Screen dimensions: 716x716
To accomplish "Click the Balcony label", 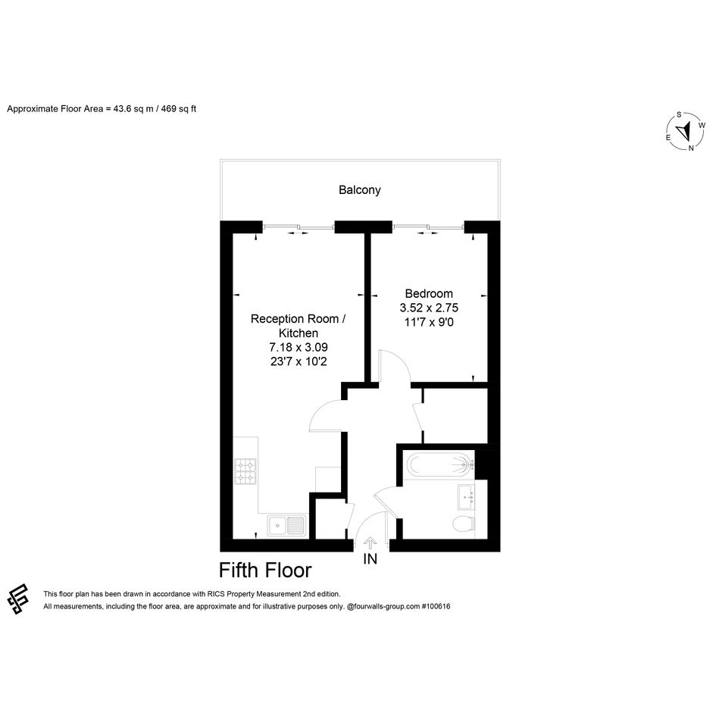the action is [x=359, y=190].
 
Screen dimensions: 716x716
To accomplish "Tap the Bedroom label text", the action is [x=429, y=293].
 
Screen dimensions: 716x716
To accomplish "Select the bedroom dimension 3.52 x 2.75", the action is [x=429, y=308].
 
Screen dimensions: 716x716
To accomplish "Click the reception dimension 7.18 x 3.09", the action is [x=299, y=348].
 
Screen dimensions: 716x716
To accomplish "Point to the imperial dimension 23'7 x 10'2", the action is [x=299, y=361].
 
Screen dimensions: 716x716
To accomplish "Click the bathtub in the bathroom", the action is [x=440, y=465].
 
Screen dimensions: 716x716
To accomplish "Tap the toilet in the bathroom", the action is [x=464, y=524].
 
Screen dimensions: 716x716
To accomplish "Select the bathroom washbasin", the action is [x=466, y=496].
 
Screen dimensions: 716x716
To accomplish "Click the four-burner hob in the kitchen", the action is [x=245, y=471].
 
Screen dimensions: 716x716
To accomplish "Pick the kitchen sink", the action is [x=286, y=525].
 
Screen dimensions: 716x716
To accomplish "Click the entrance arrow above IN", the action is [x=370, y=543].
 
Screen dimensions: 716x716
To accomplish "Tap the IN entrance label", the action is [x=370, y=559].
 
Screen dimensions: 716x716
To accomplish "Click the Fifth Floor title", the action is [x=265, y=571].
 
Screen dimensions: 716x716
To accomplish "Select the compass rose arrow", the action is [x=684, y=132].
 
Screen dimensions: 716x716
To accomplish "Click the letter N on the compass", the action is [x=691, y=148].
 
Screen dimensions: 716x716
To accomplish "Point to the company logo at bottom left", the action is [x=18, y=599].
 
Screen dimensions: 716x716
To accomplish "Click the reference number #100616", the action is [x=436, y=606].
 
